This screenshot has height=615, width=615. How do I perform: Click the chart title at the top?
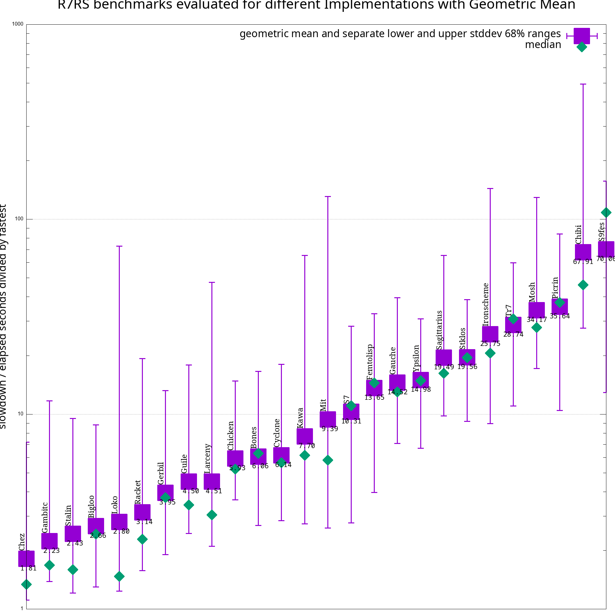pos(316,5)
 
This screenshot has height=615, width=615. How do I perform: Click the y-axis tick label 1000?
pos(18,24)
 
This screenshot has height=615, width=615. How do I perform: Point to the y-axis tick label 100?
pos(19,219)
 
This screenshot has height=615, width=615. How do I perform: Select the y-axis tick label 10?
pos(20,414)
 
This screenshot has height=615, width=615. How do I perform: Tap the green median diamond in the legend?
pos(582,47)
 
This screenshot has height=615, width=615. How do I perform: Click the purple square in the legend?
pos(582,36)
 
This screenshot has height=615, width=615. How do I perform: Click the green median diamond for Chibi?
pos(583,285)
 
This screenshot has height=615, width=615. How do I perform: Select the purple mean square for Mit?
pos(328,419)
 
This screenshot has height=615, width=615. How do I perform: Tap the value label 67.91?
pos(583,262)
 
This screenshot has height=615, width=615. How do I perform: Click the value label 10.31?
pos(351,422)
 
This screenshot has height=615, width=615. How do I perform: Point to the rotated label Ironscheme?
pos(486,304)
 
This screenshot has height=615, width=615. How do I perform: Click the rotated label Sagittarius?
pos(439,330)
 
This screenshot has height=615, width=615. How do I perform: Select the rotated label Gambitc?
pos(45,517)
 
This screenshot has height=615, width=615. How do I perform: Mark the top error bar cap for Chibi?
pos(583,84)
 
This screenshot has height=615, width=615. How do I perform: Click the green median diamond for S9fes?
pos(606,212)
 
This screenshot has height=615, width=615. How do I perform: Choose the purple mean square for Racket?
pos(142,512)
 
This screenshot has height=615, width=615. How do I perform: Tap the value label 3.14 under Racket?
pos(144,522)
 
